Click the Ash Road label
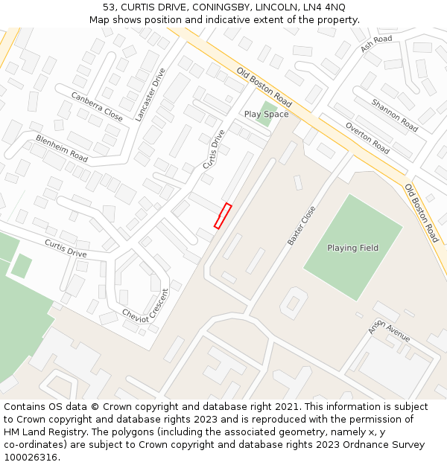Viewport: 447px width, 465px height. coord(376,44)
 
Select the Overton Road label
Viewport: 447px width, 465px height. coord(367,137)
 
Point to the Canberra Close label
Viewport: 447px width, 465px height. coord(97,107)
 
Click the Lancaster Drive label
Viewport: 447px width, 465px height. coord(151,94)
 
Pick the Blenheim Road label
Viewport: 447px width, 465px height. coord(62,149)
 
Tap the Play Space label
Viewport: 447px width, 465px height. coord(266,114)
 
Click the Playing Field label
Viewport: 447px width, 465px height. coord(352,248)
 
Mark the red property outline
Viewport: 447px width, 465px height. coord(223,216)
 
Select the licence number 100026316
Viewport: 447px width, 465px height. coord(32,458)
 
